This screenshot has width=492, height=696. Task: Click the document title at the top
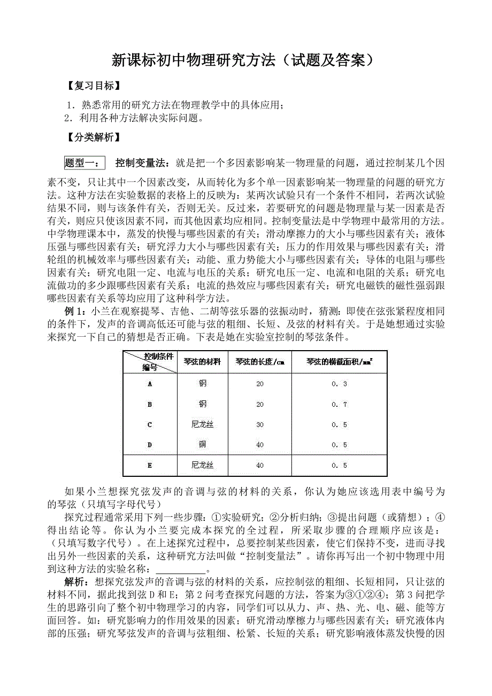point(242,60)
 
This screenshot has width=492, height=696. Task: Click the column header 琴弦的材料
point(202,362)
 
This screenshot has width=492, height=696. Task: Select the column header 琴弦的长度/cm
point(260,362)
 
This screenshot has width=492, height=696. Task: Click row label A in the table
point(150,384)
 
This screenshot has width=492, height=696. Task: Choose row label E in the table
point(150,466)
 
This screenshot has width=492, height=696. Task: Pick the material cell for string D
point(202,445)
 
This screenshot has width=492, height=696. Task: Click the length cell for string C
point(260,425)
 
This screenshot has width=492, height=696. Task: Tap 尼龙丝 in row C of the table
point(202,425)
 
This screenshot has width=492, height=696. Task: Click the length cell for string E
point(260,466)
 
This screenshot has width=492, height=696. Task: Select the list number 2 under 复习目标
point(67,118)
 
